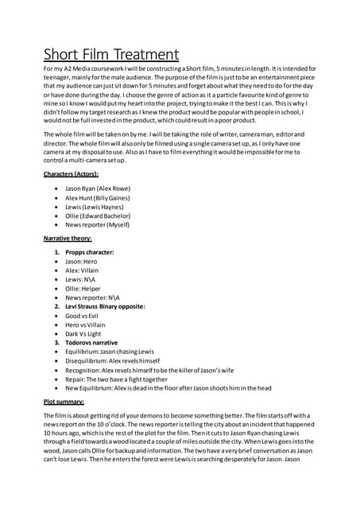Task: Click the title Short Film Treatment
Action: [110, 55]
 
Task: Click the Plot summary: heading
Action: [64, 403]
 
